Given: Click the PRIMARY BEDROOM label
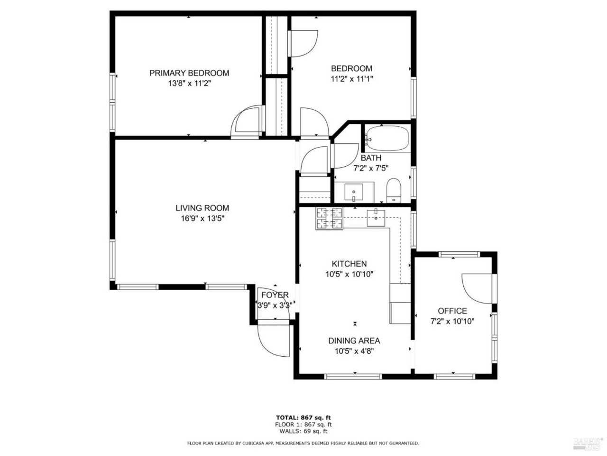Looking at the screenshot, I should (189, 73).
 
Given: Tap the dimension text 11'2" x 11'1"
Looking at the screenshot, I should (351, 79).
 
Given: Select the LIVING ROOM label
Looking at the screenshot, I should (202, 208).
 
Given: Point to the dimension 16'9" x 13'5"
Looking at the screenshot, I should (202, 218).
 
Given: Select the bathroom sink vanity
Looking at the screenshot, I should (354, 192).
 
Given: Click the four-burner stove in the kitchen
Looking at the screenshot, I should (329, 218).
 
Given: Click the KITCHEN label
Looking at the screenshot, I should (349, 264).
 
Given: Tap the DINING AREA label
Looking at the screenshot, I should (354, 341).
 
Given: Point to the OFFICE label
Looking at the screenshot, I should (452, 311).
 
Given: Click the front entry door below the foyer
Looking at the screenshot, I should (273, 340).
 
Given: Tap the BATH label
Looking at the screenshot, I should (371, 158).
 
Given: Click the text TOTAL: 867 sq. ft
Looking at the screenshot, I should (304, 418).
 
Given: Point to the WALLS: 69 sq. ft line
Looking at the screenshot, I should (304, 431).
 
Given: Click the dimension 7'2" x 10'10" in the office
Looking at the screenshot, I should (452, 322).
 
